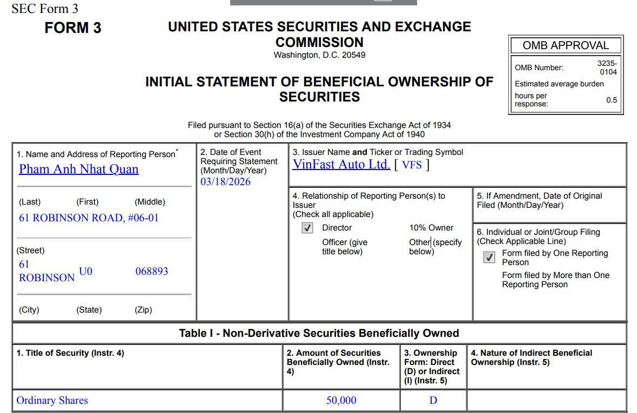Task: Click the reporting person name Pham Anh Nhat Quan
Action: coord(79,169)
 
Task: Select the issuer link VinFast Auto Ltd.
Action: coord(341,164)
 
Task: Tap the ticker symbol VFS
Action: coord(412,165)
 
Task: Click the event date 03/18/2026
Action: coord(225,181)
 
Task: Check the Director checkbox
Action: coord(307,228)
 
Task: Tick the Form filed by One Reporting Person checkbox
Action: coord(489,258)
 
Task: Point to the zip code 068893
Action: coord(151,271)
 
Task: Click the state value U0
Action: coord(85,271)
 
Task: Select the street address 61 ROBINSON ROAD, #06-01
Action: coord(89,218)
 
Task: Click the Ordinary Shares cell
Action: coord(52,401)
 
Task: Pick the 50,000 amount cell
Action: coord(341,401)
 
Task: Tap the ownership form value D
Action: coord(433,401)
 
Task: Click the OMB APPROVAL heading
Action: coord(565,46)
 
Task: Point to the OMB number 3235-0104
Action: coord(607,67)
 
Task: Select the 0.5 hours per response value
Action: coord(611,100)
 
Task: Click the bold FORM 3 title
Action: coord(73,28)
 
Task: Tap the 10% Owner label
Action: coord(431,228)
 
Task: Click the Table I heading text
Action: coord(319,333)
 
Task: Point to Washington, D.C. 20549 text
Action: coord(319,55)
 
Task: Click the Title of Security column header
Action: coord(70,353)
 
